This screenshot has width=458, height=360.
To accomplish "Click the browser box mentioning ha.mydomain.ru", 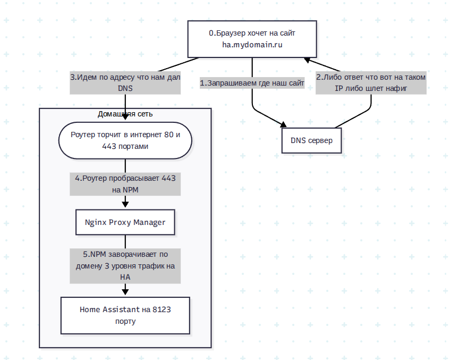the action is click(252, 39).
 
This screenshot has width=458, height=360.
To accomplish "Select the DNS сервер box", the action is click(312, 141).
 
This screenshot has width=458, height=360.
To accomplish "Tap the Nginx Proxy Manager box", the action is click(125, 222).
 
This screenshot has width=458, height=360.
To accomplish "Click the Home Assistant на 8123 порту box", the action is click(125, 315).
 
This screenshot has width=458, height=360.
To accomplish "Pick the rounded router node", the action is click(125, 141).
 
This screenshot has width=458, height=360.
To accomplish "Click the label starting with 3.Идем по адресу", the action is click(125, 83).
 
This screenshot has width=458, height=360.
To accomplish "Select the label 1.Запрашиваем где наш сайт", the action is click(252, 83).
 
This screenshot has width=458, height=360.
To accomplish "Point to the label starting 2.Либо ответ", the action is click(371, 83).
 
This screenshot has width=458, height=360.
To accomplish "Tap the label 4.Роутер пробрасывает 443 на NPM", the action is click(125, 184).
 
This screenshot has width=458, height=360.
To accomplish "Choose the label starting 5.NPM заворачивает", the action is click(125, 266).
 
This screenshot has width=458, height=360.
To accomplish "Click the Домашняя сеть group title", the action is click(125, 114).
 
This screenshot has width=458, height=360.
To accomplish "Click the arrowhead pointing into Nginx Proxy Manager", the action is click(125, 204).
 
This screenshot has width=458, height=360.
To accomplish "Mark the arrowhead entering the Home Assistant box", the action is click(125, 291).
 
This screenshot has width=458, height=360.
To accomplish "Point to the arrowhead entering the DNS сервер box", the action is click(283, 125).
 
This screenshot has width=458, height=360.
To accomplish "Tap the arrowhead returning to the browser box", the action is click(307, 60).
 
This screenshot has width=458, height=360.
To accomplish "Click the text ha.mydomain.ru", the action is click(252, 45).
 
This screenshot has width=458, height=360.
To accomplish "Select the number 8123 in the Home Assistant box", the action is click(162, 309).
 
